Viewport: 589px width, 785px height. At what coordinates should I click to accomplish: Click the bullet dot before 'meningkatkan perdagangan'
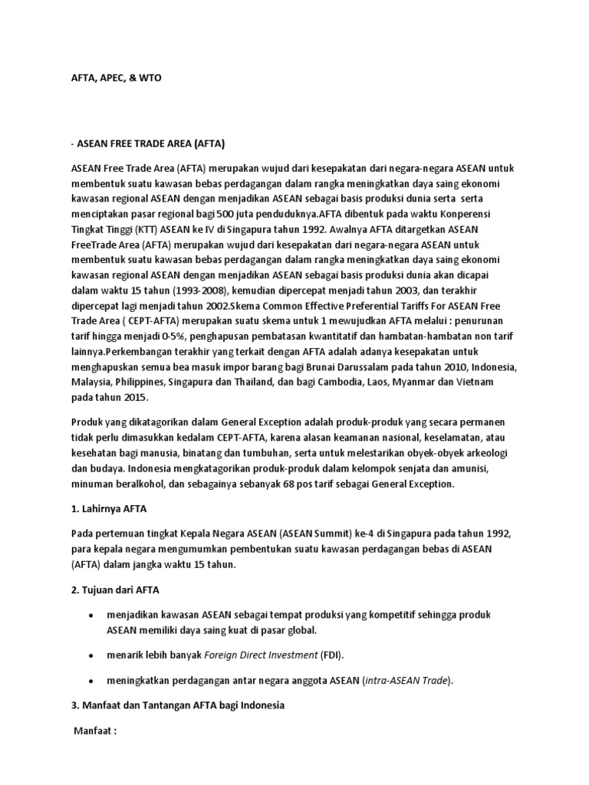click(92, 681)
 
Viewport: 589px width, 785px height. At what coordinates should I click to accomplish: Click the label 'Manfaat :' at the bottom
click(95, 731)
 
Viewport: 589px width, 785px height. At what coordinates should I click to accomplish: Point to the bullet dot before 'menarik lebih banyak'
click(92, 655)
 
